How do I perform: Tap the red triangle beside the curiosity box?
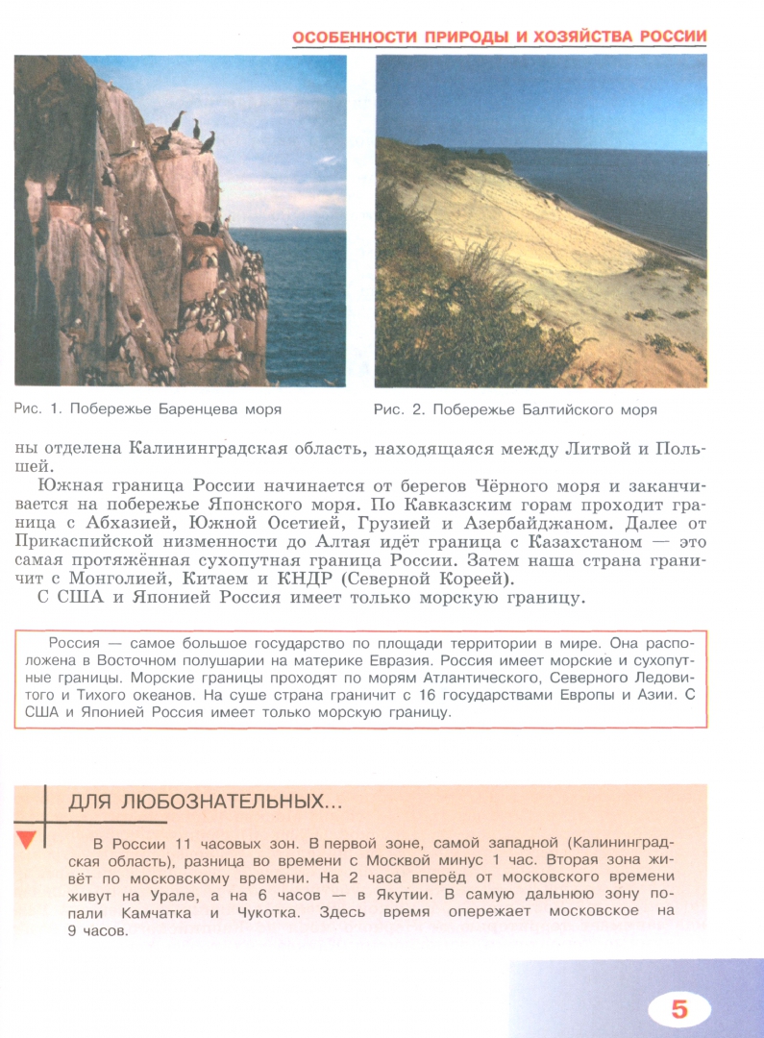tap(27, 838)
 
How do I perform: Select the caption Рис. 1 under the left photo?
tap(148, 409)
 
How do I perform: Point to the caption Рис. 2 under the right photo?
tap(515, 409)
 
